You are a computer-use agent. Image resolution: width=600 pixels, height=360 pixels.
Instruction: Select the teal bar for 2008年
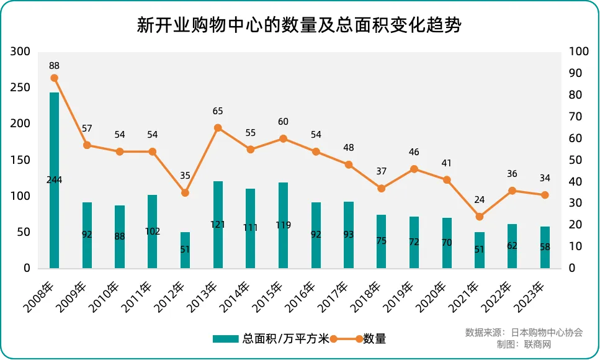(55, 180)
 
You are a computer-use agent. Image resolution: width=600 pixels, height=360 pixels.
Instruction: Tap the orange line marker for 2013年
(218, 128)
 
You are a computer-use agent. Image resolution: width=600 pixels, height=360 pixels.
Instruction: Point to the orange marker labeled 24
(479, 217)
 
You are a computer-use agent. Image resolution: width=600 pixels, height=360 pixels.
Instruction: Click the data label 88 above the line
(55, 65)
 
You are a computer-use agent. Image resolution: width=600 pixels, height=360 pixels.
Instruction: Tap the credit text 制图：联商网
(524, 344)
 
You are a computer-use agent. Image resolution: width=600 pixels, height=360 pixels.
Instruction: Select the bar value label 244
(55, 180)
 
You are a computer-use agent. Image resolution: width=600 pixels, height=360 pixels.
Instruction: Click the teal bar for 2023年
(545, 247)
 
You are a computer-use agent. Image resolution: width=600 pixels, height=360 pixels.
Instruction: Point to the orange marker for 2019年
(414, 169)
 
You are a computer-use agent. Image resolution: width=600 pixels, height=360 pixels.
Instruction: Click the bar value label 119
(283, 225)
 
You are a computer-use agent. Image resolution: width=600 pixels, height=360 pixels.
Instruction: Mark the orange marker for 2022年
(512, 191)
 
